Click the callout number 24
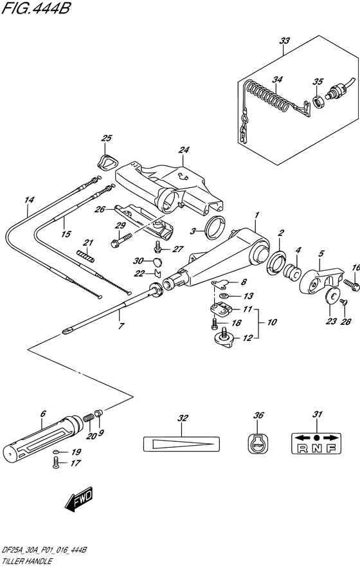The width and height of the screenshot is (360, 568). click(x=184, y=151)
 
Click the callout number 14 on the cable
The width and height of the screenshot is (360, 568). click(x=28, y=200)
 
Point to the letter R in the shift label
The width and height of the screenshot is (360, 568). click(x=301, y=450)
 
